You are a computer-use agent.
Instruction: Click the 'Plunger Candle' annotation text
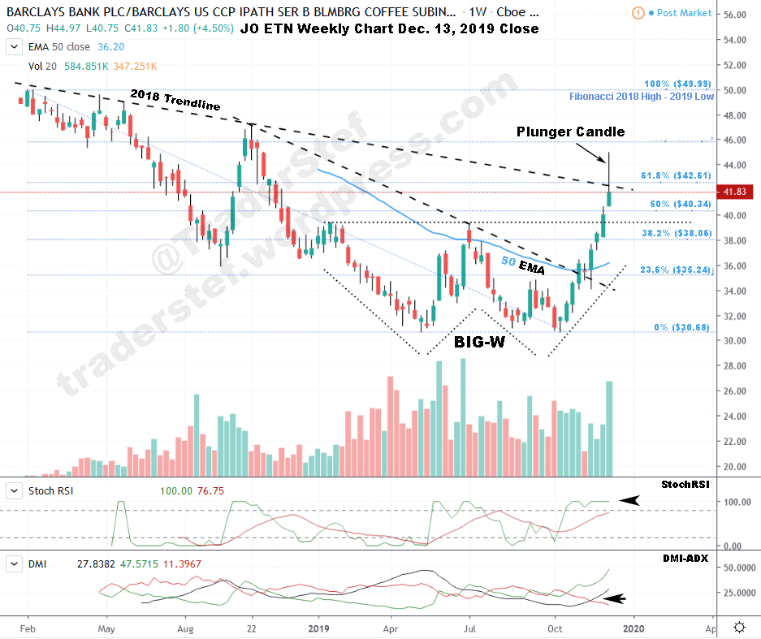(x=570, y=131)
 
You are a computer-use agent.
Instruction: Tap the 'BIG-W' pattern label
(x=479, y=343)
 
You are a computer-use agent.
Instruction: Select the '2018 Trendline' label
(x=175, y=100)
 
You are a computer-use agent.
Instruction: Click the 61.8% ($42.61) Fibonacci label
(x=676, y=175)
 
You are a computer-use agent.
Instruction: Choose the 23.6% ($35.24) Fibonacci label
(x=676, y=270)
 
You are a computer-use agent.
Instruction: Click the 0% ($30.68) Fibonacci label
(x=683, y=327)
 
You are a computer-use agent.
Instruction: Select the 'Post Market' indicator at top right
(x=678, y=13)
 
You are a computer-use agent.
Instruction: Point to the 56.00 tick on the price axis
(x=735, y=15)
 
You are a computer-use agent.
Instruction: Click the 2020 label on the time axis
(x=633, y=628)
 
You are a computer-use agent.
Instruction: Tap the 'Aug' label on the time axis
(x=186, y=628)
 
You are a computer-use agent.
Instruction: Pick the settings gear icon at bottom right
(x=740, y=627)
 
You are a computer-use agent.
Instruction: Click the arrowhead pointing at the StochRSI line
(x=629, y=502)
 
